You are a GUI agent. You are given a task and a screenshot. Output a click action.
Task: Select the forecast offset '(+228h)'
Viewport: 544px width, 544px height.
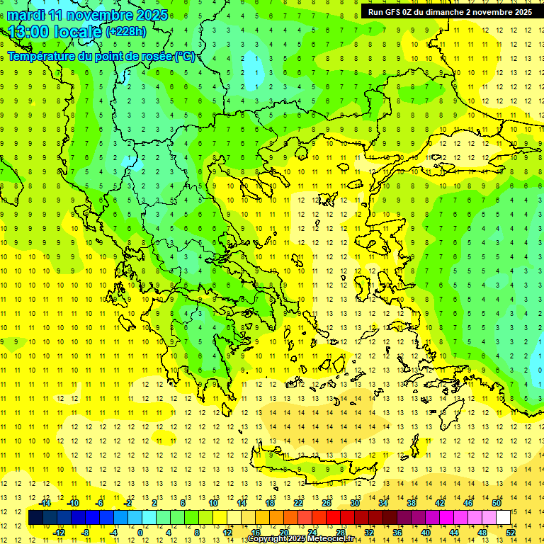point(125,32)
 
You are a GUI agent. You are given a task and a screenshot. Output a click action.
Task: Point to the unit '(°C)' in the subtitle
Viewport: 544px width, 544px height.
point(183,57)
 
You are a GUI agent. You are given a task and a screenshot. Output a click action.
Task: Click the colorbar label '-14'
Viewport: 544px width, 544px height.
point(45,503)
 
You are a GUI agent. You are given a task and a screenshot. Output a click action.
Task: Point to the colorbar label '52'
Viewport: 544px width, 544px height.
point(511,533)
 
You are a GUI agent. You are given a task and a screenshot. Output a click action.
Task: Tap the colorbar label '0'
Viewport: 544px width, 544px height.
point(140,533)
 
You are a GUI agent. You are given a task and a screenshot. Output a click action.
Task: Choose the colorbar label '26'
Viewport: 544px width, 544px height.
point(327,503)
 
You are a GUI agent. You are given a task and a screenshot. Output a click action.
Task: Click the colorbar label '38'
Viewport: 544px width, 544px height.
point(412,503)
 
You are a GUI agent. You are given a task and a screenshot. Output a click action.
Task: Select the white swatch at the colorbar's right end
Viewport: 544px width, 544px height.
point(503,518)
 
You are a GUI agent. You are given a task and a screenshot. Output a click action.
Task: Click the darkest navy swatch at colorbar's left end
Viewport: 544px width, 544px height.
point(35,518)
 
